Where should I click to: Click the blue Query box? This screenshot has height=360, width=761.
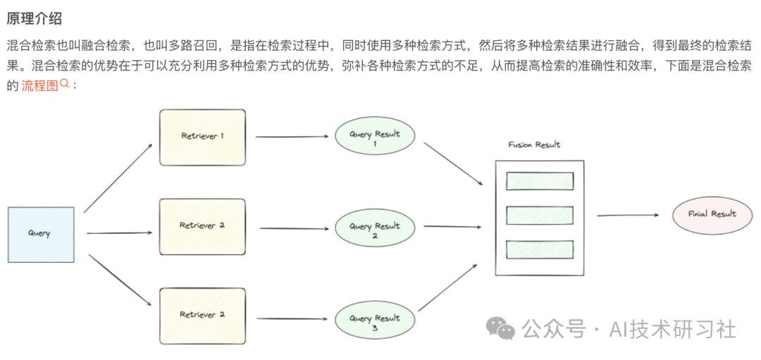[41, 235]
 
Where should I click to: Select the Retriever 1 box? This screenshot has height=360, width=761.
[202, 137]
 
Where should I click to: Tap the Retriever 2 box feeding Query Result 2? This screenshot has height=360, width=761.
[202, 226]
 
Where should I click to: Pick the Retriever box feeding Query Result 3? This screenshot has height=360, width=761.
[202, 315]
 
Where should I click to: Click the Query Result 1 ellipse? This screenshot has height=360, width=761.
[375, 137]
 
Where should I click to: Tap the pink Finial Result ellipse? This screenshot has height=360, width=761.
[712, 214]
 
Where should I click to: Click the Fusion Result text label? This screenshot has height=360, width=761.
[534, 145]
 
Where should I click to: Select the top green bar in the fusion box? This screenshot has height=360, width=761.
[540, 181]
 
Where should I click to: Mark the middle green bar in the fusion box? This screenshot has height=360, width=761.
[540, 215]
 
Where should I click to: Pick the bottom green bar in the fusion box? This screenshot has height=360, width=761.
[540, 249]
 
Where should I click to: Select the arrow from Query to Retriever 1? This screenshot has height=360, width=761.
[118, 178]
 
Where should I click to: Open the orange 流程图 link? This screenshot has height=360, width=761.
[39, 86]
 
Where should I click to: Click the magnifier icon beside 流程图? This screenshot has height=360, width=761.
[64, 84]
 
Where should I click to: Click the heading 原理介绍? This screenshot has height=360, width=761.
[34, 19]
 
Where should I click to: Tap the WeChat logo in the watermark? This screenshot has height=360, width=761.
[502, 328]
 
